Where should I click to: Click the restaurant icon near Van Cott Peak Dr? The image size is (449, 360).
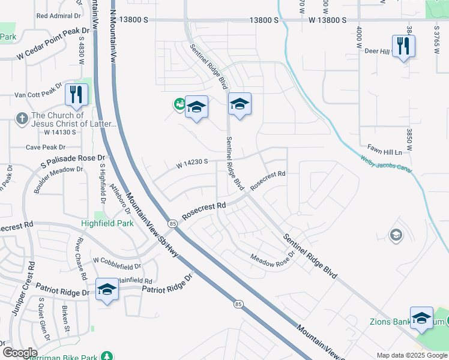76,94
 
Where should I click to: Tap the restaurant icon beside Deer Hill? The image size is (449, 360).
403,46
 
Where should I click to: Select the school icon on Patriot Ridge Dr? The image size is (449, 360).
107,290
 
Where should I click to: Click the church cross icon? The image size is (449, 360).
22,118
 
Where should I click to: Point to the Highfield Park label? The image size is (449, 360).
107,223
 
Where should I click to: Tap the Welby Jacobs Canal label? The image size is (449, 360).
387,165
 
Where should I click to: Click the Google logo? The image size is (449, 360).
19,353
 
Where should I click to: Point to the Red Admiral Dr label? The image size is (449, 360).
59,16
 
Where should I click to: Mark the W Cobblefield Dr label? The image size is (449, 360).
116,263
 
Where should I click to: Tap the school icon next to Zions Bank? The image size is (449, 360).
421,317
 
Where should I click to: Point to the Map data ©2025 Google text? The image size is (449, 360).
412,355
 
